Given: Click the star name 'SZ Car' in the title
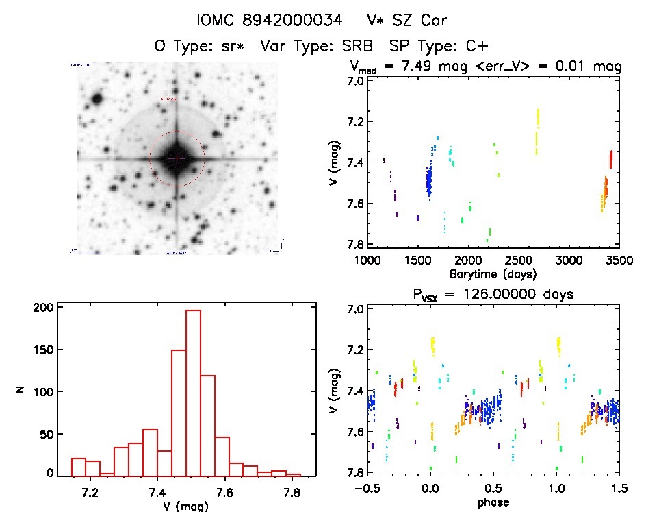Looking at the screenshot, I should [x=423, y=21].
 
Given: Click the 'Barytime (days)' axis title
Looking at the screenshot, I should [x=493, y=273].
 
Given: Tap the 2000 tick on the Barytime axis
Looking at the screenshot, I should [x=469, y=260].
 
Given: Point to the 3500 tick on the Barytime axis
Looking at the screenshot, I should [x=619, y=260].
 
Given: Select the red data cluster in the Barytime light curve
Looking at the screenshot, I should [x=610, y=159].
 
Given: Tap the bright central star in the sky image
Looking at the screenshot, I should [x=177, y=158].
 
